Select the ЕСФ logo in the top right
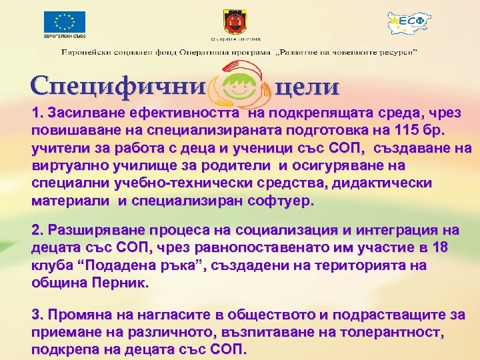410,24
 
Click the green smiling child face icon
237,86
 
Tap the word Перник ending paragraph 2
121,283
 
